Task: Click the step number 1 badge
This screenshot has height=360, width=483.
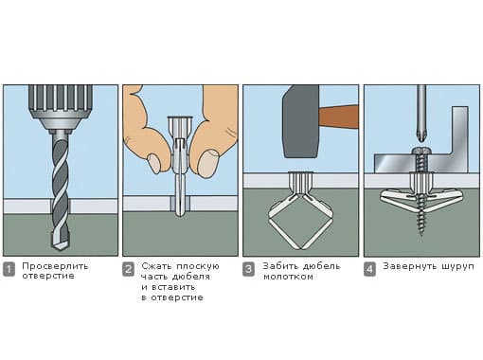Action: coord(9,269)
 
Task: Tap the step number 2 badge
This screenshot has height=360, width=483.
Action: coord(128,269)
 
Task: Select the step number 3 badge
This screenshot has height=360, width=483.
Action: coord(248,269)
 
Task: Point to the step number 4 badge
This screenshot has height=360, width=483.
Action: coord(369,269)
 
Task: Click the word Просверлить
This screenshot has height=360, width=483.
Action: coord(55,266)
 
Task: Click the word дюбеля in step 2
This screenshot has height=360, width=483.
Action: coord(191,277)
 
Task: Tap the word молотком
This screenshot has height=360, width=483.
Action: coord(288,277)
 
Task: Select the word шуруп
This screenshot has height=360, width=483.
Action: coord(457,267)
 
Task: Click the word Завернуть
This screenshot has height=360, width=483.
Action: coord(410,266)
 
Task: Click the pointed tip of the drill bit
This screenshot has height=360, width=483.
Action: coord(61,249)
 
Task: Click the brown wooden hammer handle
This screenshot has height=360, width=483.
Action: coord(338,117)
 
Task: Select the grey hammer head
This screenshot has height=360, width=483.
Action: coord(300,121)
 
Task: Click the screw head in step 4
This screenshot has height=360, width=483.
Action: coord(421,151)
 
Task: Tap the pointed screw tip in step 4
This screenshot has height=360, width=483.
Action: coord(421,234)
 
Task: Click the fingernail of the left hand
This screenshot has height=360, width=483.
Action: coord(154,163)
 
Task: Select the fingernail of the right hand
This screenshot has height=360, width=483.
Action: coord(208,163)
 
